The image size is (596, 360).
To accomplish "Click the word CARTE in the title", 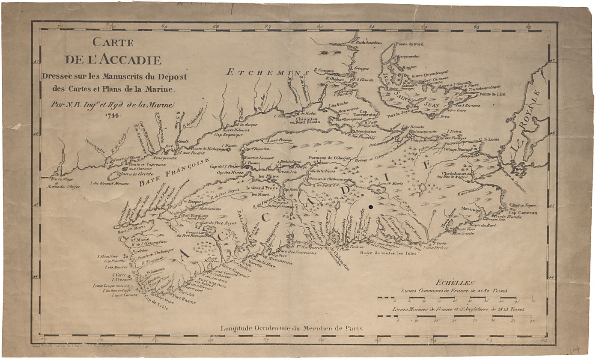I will pyautogui.click(x=113, y=43).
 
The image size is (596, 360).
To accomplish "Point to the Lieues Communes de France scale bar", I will pyautogui.click(x=455, y=298).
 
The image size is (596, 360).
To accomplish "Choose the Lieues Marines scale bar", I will pyautogui.click(x=455, y=316).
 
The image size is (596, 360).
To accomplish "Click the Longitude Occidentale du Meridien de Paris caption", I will pyautogui.click(x=292, y=328).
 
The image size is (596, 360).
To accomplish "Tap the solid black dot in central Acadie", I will pyautogui.click(x=371, y=206).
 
